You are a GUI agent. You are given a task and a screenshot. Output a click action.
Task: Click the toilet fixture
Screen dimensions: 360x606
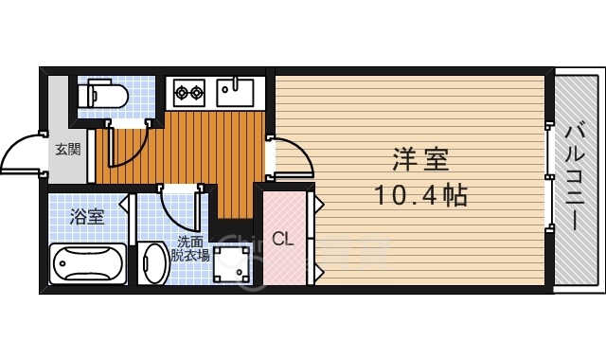pyautogui.click(x=105, y=94)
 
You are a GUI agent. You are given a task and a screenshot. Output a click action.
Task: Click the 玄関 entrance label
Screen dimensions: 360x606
pyautogui.click(x=67, y=149)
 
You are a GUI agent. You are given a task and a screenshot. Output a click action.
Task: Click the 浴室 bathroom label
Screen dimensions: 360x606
pyautogui.click(x=86, y=215)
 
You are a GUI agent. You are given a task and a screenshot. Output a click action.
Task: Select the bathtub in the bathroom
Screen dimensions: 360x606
pyautogui.click(x=87, y=262)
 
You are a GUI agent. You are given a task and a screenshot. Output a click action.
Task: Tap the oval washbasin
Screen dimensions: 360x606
pyautogui.click(x=154, y=264)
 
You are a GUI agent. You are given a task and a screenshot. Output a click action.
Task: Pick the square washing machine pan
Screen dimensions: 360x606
pyautogui.click(x=233, y=264)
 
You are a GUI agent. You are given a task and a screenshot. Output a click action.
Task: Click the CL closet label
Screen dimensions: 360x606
pyautogui.click(x=283, y=239)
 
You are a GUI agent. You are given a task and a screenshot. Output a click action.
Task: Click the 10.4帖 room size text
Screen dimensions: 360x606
pyautogui.click(x=417, y=197)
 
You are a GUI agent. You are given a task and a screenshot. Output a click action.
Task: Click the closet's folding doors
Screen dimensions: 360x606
pyautogui.click(x=315, y=237)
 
